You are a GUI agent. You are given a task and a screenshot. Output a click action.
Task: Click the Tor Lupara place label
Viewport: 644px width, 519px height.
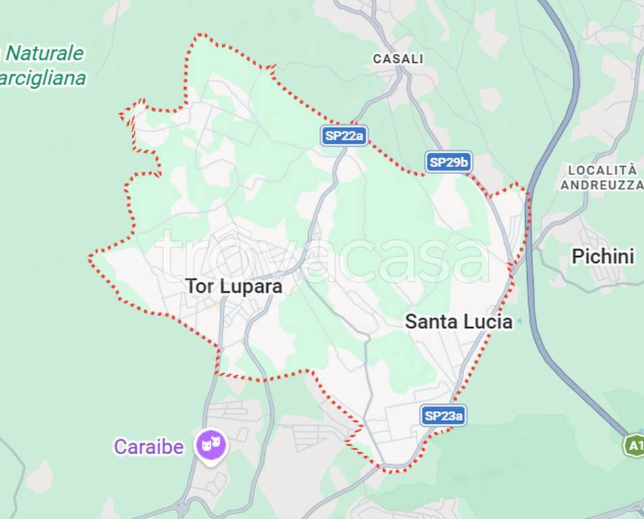234,287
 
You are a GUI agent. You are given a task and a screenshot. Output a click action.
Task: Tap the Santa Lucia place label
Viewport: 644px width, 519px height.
458,322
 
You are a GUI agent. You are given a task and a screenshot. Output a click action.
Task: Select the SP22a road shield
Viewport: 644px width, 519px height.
344,136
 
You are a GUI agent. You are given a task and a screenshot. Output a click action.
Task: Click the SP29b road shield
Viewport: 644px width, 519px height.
449,162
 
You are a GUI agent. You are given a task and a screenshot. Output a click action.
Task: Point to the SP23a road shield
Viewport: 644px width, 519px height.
443,416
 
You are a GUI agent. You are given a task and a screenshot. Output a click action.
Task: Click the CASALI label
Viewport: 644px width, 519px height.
398,59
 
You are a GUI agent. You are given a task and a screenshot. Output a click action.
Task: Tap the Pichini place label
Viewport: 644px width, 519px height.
603,257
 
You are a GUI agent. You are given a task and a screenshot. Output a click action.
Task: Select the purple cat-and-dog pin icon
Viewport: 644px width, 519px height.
211,445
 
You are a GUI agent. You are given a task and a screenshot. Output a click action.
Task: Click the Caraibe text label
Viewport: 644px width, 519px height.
149,447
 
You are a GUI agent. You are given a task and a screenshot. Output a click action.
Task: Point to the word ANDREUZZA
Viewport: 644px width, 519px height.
601,184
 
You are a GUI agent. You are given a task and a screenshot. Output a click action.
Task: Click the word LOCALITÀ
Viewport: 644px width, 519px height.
602,170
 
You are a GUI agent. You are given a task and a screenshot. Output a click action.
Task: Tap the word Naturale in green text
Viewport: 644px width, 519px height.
45,53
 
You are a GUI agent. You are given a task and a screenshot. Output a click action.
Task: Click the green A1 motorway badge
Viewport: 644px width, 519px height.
634,445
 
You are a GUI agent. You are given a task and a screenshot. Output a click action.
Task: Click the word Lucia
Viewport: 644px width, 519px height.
487,322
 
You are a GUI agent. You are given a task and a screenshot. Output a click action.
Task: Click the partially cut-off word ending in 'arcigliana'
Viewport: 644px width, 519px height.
43,79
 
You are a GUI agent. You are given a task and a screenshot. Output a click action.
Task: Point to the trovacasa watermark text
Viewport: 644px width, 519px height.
322,257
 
